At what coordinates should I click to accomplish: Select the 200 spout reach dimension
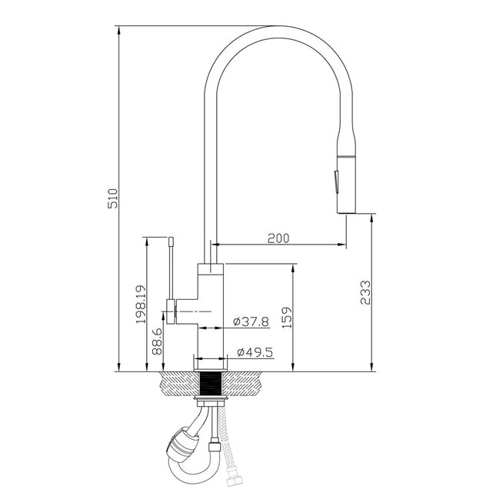point(278,238)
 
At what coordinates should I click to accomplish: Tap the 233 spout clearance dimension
point(365,294)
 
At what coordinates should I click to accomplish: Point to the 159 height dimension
point(286,317)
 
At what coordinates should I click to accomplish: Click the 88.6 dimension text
point(157,341)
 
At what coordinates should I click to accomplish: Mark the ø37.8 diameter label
point(251,321)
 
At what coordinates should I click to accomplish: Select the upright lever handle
point(171,265)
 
